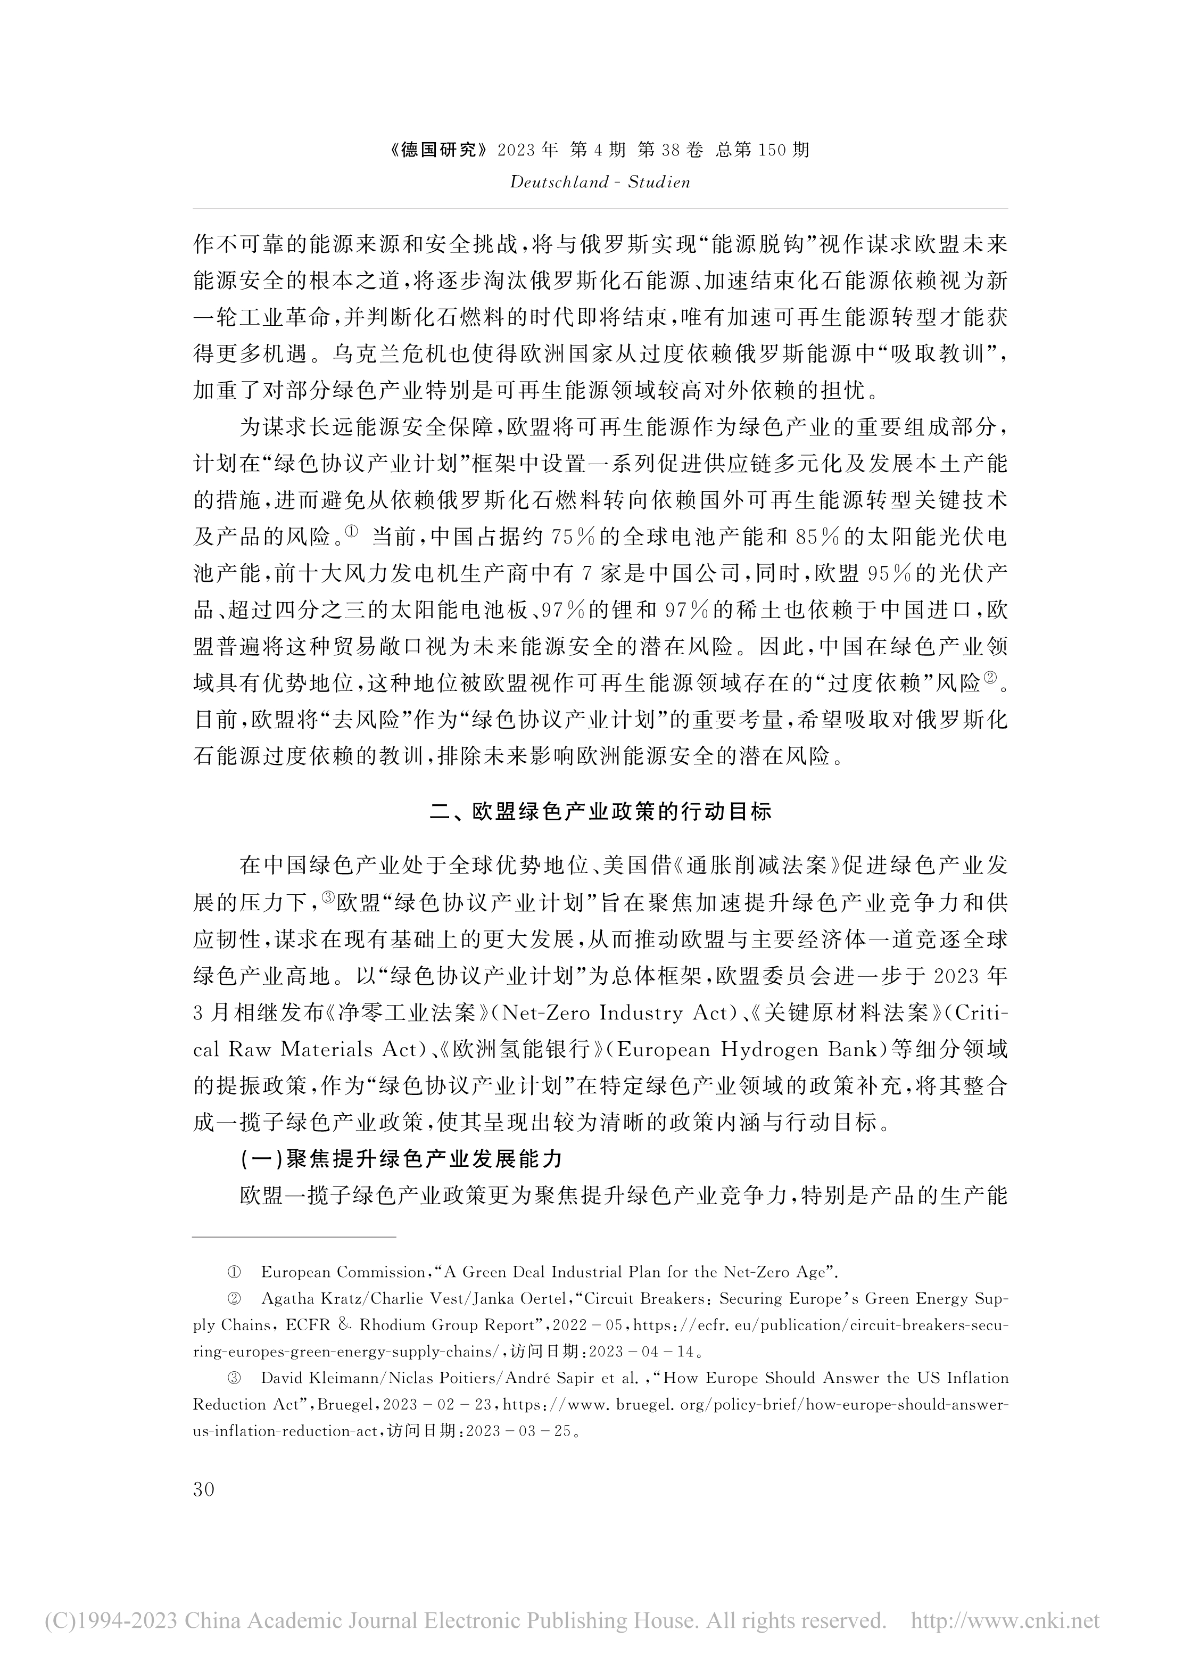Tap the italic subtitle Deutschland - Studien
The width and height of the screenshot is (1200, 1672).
pos(600,182)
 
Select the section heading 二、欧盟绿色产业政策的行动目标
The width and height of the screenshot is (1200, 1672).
pos(600,812)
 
